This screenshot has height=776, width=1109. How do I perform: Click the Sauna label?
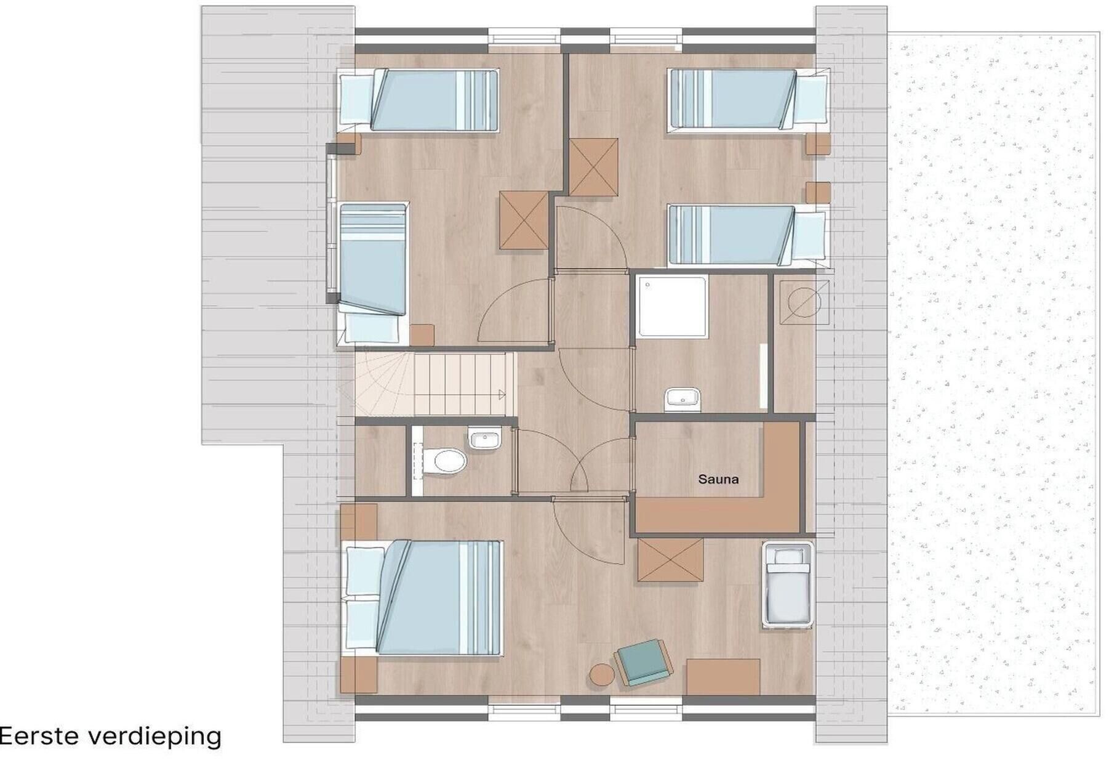click(x=718, y=479)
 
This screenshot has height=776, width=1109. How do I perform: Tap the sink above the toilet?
click(x=485, y=439)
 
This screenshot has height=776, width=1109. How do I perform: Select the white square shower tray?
click(x=673, y=307)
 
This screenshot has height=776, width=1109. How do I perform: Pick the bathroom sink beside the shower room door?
click(x=683, y=400)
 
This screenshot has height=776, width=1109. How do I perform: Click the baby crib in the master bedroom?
click(x=788, y=584)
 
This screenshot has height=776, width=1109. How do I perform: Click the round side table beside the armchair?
click(x=603, y=674)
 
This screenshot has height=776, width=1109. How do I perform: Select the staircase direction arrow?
click(x=502, y=395)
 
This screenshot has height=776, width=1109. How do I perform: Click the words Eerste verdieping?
click(x=111, y=736)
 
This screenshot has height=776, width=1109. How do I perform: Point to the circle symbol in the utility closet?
click(x=804, y=302)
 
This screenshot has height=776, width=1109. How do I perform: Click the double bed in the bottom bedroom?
click(x=423, y=597)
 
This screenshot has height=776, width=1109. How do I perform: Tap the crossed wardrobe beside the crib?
click(x=670, y=560)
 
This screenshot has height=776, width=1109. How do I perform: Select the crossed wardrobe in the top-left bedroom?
click(x=524, y=220)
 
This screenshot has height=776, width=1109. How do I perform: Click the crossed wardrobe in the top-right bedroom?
click(x=593, y=167)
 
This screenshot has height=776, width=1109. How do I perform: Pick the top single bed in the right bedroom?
click(x=748, y=99)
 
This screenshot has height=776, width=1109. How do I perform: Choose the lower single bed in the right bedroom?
click(x=747, y=236)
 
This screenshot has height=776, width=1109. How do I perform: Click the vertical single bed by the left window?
click(x=373, y=273)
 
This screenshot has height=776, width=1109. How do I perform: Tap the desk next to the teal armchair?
click(x=723, y=677)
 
